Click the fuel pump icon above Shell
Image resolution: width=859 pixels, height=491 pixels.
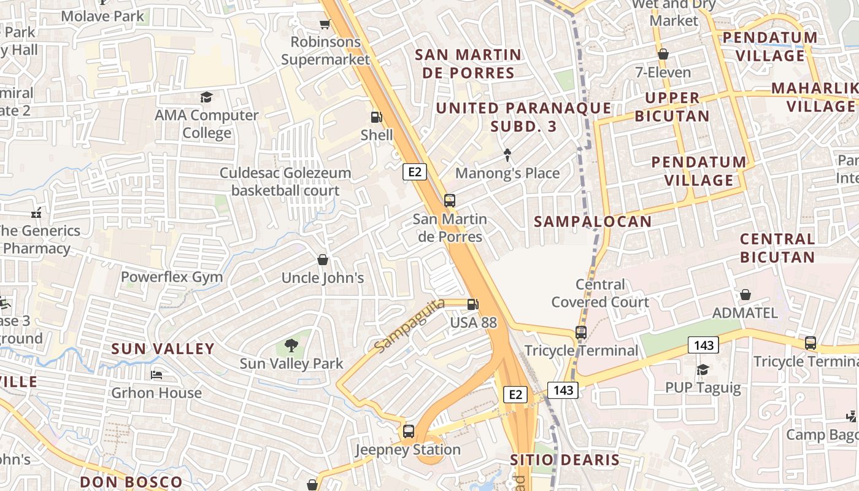click(376, 117)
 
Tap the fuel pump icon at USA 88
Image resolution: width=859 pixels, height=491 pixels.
click(472, 304)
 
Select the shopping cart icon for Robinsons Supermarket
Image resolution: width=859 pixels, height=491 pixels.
click(325, 25)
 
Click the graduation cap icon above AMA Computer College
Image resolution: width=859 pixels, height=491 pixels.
click(206, 98)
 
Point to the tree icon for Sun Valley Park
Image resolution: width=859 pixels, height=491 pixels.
click(291, 346)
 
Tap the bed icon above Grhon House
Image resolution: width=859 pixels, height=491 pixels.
click(156, 374)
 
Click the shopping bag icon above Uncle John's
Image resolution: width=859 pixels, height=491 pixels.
click(323, 260)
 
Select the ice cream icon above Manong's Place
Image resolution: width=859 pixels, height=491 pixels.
click(507, 155)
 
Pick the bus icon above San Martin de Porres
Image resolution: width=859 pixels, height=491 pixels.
click(450, 201)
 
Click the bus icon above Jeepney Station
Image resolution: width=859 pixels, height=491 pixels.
click(409, 431)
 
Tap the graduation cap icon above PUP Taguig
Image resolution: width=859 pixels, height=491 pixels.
click(703, 369)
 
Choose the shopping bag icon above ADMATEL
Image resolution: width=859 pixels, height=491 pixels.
click(745, 295)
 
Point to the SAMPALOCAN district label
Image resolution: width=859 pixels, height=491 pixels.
click(593, 222)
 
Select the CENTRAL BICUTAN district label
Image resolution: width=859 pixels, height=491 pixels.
click(777, 248)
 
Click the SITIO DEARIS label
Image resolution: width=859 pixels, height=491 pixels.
click(564, 460)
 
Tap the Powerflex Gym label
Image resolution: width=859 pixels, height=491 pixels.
click(172, 277)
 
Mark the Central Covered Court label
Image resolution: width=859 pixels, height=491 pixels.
click(599, 293)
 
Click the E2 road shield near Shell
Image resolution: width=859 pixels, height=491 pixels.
click(415, 172)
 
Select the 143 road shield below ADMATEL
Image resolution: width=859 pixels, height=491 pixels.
click(703, 345)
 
